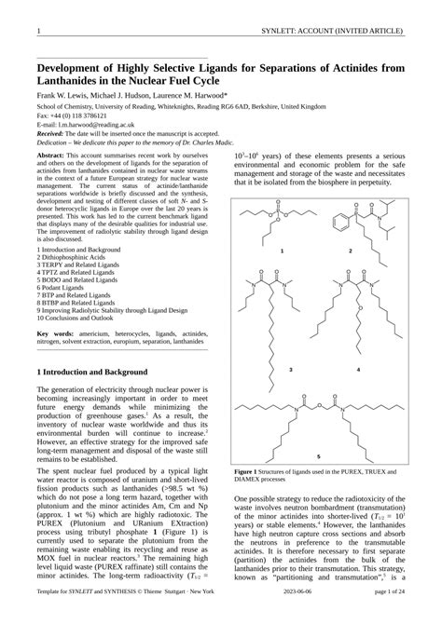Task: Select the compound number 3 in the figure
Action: coord(265,370)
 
